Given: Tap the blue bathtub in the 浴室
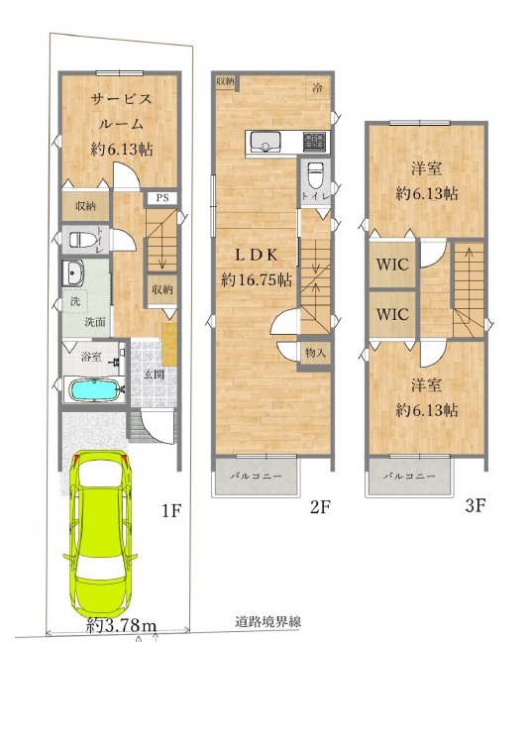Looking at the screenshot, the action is click(x=93, y=390).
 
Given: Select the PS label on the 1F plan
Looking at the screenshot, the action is click(x=162, y=198).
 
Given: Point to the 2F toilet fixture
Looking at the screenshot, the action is click(x=315, y=175).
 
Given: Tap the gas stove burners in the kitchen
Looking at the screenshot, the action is click(x=314, y=142).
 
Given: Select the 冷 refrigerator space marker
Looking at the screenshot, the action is click(x=317, y=88).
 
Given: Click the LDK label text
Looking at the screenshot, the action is click(x=257, y=255).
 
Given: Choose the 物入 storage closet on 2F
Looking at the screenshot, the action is click(x=315, y=354).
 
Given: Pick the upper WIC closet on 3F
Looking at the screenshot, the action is click(x=392, y=265).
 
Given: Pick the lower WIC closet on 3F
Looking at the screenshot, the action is click(x=392, y=314).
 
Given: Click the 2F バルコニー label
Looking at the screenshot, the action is click(x=256, y=477).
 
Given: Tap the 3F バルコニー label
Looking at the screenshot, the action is click(x=409, y=477).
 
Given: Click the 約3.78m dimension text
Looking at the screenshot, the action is click(x=122, y=625).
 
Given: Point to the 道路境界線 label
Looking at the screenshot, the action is click(x=267, y=622).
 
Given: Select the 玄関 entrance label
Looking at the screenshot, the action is click(x=155, y=375).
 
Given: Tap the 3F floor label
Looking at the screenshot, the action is click(x=476, y=505).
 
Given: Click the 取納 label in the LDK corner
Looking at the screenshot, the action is click(x=225, y=81).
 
